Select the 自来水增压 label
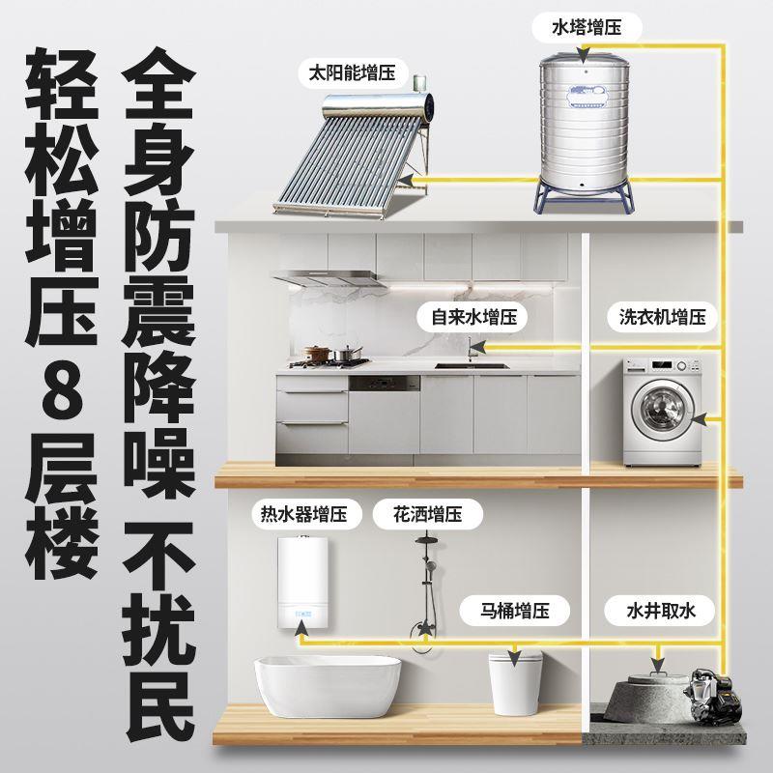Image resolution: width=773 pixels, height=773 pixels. click(468, 316)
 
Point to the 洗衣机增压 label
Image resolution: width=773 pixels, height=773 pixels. click(663, 316)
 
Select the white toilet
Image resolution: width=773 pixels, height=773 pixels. click(515, 681)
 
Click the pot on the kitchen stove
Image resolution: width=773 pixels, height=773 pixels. click(317, 355)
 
